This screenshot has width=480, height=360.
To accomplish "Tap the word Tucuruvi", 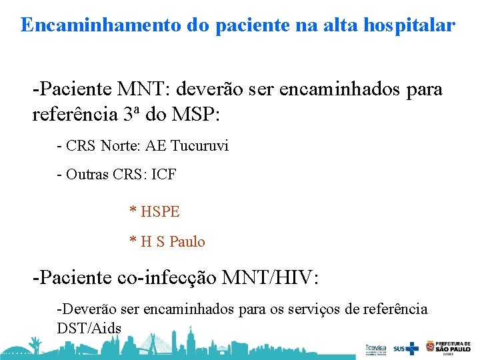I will coord(199,145).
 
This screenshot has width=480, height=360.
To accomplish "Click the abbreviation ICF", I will coord(164,175).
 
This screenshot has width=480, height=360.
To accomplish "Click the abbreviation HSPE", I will coord(160,212).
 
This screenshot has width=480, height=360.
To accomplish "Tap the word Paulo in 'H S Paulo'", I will coord(187,241).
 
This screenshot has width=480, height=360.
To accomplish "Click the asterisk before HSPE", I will coord(133,212).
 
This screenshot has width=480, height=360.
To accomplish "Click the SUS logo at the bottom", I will coord(406,348).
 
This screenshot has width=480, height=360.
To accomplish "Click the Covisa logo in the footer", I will coord(375,348).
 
